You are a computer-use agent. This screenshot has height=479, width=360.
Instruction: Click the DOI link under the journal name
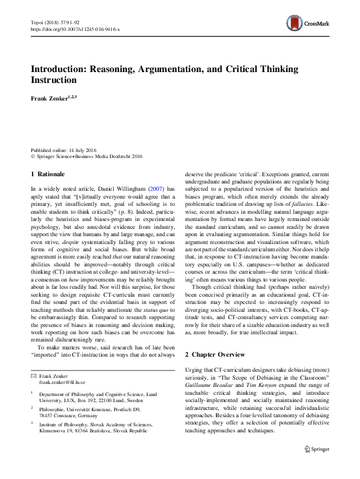70,28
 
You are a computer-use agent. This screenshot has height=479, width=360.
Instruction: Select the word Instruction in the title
54,80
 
